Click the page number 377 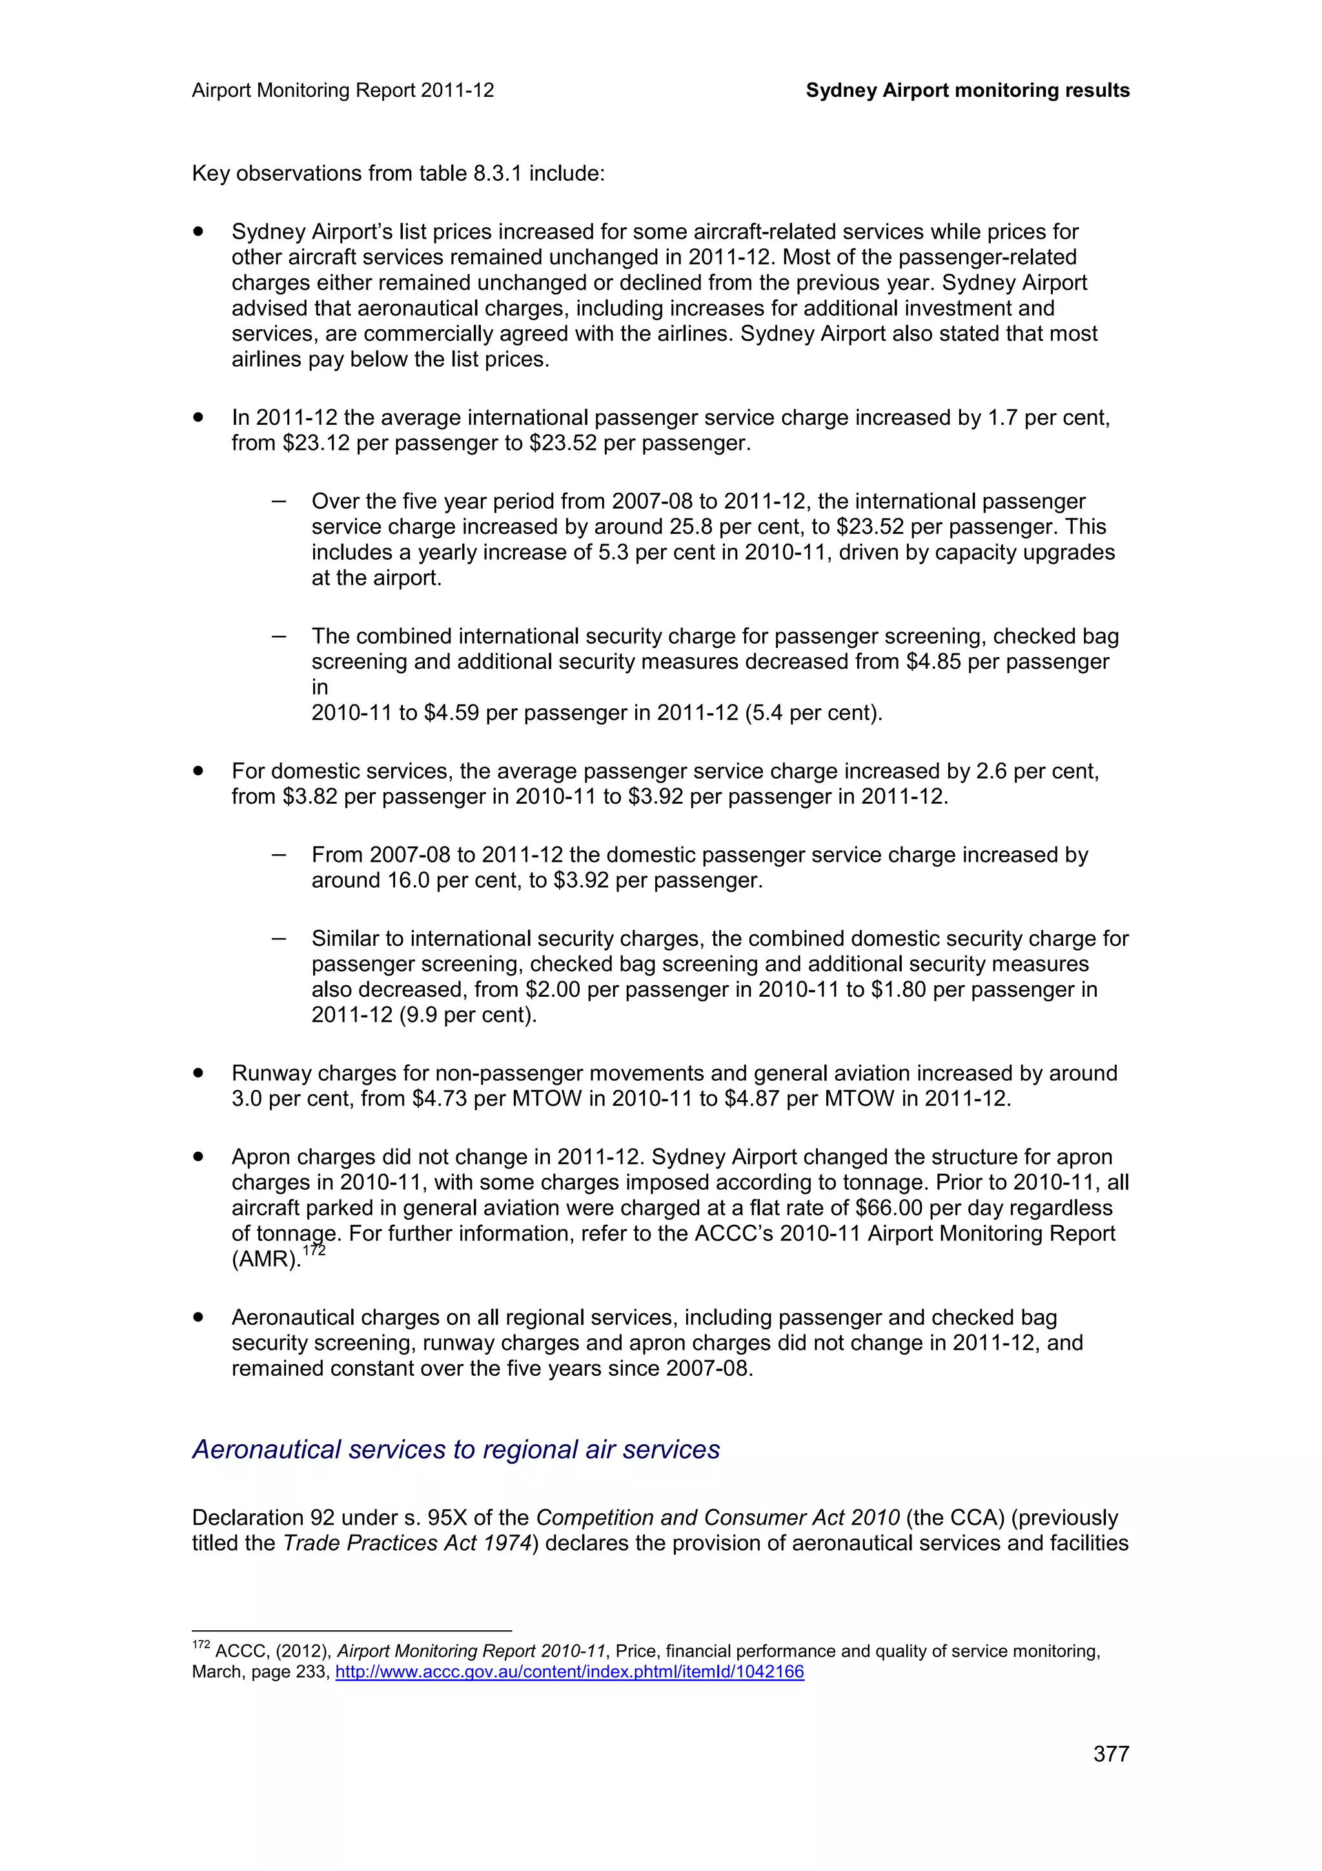(1111, 1753)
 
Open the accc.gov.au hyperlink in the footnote (569, 1672)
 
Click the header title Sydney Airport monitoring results (967, 90)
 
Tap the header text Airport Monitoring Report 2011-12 (343, 90)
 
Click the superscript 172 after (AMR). (314, 1251)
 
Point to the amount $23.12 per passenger (317, 444)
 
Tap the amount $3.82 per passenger (310, 797)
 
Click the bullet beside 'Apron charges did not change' (198, 1157)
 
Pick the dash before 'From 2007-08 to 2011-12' (279, 855)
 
